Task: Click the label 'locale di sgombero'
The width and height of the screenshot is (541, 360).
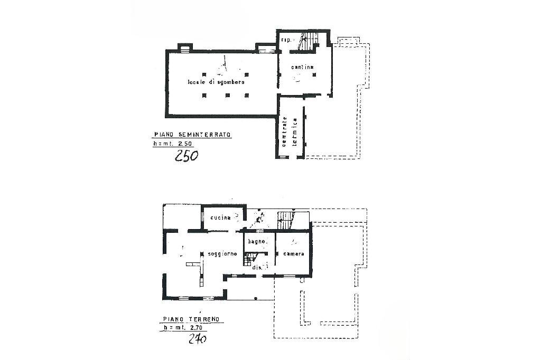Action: (216, 83)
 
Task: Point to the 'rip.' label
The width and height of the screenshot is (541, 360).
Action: (287, 41)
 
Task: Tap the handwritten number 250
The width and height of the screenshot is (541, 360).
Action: (186, 156)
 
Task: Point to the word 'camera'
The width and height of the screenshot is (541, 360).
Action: (293, 254)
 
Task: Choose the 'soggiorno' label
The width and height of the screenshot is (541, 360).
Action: (222, 254)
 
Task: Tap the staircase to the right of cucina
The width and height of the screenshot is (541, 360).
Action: (286, 220)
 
